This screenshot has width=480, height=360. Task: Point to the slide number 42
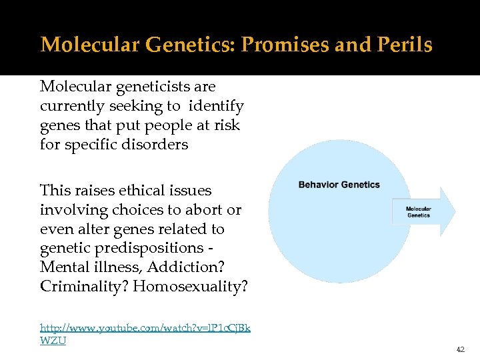pyautogui.click(x=459, y=349)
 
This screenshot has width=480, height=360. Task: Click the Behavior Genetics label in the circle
pyautogui.click(x=339, y=185)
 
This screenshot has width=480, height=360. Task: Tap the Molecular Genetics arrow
pyautogui.click(x=423, y=212)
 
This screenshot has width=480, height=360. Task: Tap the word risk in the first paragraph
pyautogui.click(x=226, y=125)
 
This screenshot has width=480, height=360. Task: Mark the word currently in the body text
pyautogui.click(x=69, y=106)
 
